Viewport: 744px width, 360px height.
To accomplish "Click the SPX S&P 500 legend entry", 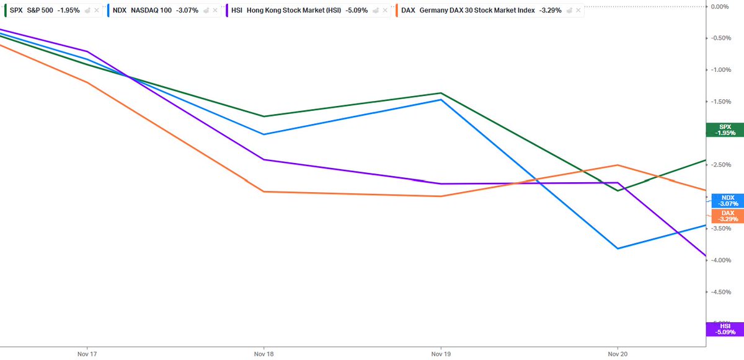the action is tap(45, 11).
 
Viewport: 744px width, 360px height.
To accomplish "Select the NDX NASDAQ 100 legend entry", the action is tap(156, 11).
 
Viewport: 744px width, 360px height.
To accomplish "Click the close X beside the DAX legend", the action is tap(578, 11).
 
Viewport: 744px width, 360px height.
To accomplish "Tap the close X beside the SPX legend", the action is tap(97, 11).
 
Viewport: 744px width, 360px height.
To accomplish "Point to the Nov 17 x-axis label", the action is tap(87, 354).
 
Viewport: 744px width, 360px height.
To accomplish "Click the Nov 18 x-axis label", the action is tap(263, 354).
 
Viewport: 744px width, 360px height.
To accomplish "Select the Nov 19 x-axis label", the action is tap(441, 354).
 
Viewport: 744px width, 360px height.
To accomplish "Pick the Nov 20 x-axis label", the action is tap(618, 354).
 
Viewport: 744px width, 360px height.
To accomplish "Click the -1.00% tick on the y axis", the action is tap(720, 69).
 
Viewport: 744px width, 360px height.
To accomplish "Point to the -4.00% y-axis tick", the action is tap(720, 260).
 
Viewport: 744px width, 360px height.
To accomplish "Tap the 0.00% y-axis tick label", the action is tap(720, 6).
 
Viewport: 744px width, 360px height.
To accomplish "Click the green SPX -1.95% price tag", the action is tap(725, 130).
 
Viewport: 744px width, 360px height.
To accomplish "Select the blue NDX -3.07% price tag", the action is tap(728, 201).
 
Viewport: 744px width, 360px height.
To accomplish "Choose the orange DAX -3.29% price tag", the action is tap(728, 216).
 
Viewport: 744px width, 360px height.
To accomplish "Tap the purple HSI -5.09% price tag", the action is tap(725, 329).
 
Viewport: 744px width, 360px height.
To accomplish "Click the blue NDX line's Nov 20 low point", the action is tap(618, 248).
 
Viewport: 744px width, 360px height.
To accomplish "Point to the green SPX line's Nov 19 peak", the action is tap(441, 93).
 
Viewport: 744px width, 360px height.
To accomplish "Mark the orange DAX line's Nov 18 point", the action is tap(263, 191).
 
